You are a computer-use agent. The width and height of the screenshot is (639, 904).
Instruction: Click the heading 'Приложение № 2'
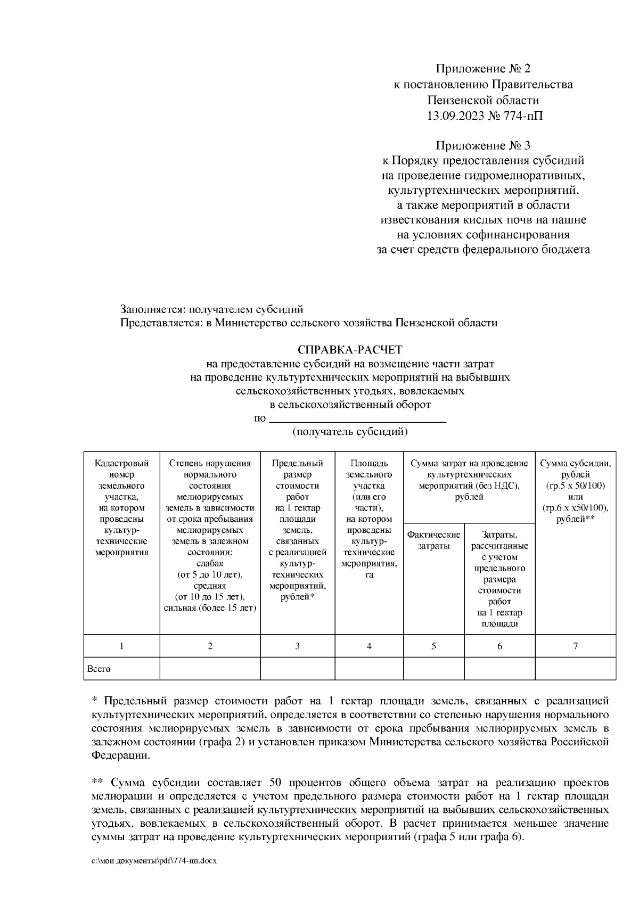tap(483, 69)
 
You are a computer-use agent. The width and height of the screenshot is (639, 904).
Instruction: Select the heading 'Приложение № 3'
tap(483, 145)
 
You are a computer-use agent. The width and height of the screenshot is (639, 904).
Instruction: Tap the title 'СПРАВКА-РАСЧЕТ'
tap(350, 350)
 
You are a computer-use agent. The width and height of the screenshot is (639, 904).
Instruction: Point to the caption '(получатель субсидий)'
tap(350, 432)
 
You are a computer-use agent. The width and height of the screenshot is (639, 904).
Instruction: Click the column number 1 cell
tap(121, 646)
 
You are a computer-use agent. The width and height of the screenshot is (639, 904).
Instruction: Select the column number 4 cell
tap(369, 646)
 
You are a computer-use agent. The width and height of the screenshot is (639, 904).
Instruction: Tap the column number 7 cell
tap(575, 646)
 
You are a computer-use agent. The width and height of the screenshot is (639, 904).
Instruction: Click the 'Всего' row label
tap(99, 669)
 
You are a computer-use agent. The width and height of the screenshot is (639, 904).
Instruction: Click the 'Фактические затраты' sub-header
tap(433, 540)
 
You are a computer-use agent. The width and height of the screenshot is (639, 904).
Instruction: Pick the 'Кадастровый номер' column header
tap(121, 468)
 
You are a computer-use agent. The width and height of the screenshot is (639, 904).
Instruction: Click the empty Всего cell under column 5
tap(433, 669)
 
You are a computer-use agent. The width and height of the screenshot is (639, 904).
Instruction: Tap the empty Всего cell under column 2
tap(210, 669)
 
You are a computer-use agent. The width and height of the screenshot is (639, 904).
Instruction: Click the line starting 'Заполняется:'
tap(211, 309)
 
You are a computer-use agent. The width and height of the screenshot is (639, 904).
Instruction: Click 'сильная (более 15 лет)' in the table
tap(210, 608)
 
